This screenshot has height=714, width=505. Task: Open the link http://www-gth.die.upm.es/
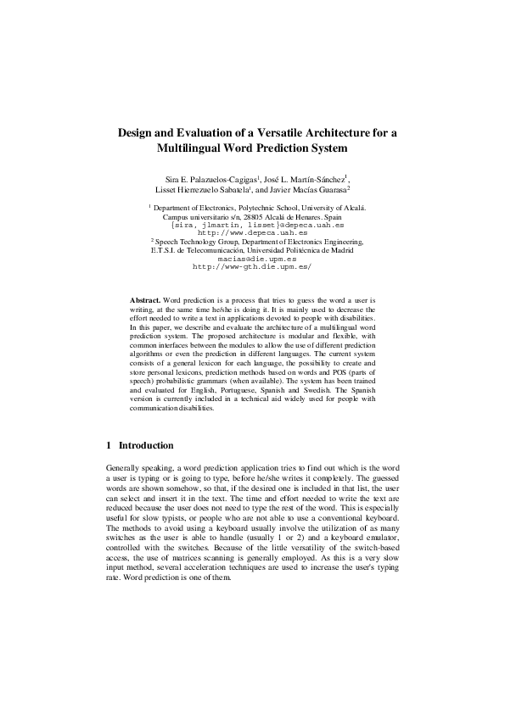[253, 265]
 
